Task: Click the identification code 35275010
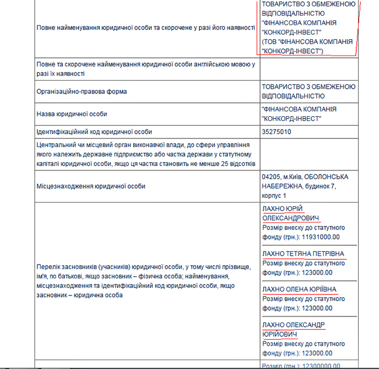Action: tap(277, 132)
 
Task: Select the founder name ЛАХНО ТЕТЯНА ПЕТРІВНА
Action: tap(304, 254)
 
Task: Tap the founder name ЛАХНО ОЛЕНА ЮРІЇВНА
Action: tap(300, 289)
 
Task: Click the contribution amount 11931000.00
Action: tap(321, 236)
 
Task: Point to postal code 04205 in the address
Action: tap(272, 176)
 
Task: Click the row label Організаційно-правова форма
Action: tap(82, 92)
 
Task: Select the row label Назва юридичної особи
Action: tap(72, 114)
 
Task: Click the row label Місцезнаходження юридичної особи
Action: tap(91, 186)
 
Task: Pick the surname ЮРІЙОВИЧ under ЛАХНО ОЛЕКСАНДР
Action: tap(280, 334)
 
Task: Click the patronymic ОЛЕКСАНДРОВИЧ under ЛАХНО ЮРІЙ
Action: tap(290, 218)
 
